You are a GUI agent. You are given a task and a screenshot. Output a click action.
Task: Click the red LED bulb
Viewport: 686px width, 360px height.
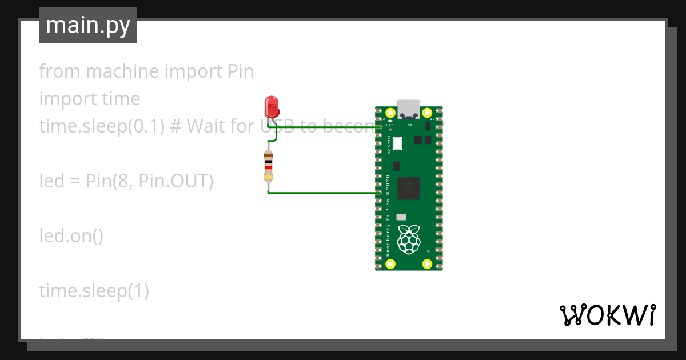pos(271,106)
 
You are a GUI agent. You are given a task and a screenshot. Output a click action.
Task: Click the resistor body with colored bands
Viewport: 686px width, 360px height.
pos(268,166)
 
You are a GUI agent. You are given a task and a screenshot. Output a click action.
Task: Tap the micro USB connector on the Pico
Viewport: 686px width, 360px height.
pos(409,109)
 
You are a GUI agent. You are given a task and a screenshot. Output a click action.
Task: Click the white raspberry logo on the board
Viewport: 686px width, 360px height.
pos(408,239)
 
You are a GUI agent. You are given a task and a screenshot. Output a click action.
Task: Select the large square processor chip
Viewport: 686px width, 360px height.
pos(408,188)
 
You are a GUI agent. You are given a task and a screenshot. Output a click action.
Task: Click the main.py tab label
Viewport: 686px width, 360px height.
pos(88,25)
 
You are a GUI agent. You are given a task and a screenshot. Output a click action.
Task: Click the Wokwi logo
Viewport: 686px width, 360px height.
pos(607,315)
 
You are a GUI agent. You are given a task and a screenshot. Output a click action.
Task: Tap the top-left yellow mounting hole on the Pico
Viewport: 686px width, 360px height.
pos(390,113)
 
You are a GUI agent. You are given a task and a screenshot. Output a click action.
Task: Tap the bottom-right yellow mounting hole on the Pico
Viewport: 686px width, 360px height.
pos(426,264)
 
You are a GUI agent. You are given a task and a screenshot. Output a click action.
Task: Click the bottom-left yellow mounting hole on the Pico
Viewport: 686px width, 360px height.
pos(390,264)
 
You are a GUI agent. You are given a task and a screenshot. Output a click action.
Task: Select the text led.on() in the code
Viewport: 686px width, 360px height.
pos(71,235)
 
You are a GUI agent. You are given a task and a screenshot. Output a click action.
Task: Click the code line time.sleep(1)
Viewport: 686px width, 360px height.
pos(94,291)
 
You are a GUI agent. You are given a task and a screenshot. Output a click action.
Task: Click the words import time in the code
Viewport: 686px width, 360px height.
pos(89,99)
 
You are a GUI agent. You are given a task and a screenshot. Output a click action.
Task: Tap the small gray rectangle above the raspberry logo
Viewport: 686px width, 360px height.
pos(401,217)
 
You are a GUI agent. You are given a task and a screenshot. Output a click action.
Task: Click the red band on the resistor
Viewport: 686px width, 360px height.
pos(268,167)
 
